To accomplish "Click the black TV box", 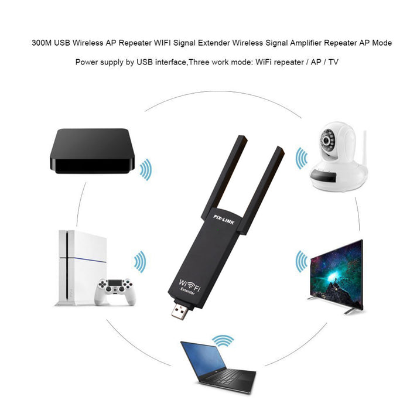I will coord(92,151).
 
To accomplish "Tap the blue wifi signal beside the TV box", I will coord(146,170).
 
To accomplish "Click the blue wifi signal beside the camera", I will coord(301,159).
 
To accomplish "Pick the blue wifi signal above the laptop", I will coord(223,340).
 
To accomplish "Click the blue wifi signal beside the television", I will coord(301,261).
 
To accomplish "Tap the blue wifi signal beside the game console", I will coord(139,262).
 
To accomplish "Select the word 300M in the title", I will coord(42,43).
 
